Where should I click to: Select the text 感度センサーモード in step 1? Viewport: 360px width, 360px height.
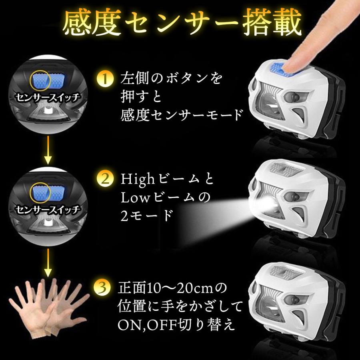(181, 116)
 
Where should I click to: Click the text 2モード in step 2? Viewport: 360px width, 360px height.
(146, 216)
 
